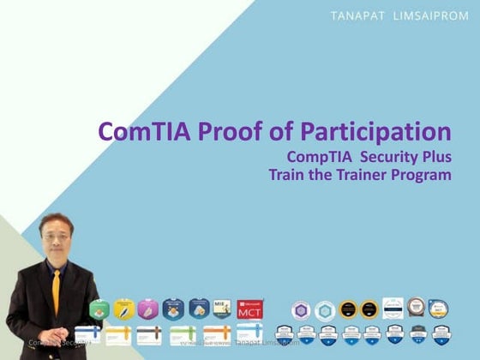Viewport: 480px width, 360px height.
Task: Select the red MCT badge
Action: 250,309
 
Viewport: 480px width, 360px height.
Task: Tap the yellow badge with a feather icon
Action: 124,309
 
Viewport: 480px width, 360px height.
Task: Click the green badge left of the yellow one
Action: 99,309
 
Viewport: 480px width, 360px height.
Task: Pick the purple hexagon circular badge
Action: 300,310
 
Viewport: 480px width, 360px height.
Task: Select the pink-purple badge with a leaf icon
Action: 148,309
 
